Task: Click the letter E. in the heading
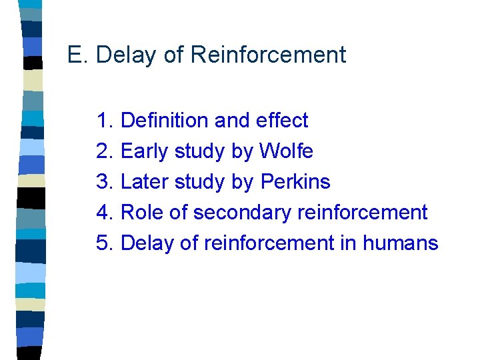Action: pyautogui.click(x=78, y=55)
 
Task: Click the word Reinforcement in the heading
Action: pyautogui.click(x=268, y=55)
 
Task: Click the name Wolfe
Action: pyautogui.click(x=286, y=151)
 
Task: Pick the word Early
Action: pyautogui.click(x=145, y=151)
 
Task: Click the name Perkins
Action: pyautogui.click(x=295, y=182)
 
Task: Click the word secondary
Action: pyautogui.click(x=242, y=213)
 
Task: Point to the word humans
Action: pyautogui.click(x=401, y=243)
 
